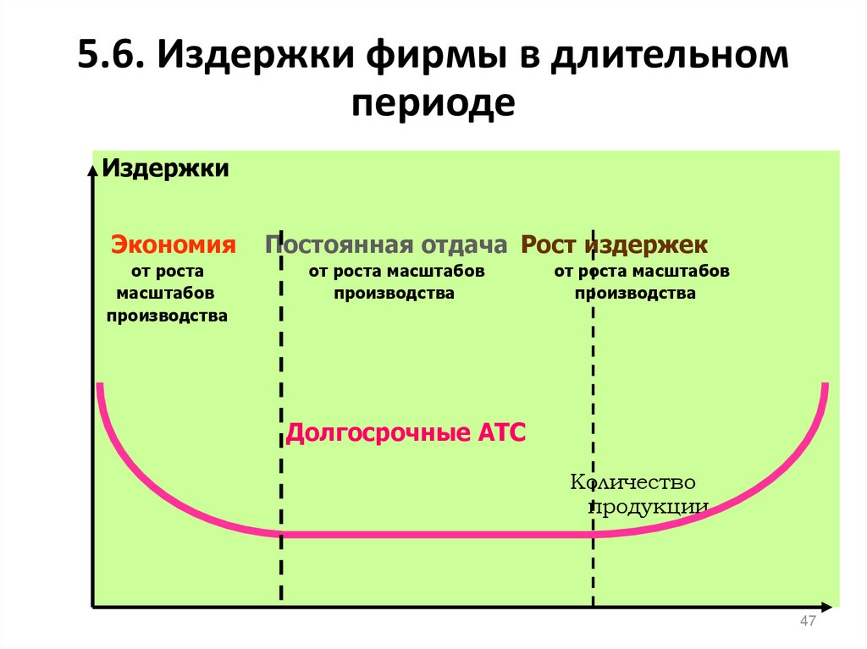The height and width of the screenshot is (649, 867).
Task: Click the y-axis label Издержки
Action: [x=166, y=168]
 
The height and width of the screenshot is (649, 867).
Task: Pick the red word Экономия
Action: [x=173, y=245]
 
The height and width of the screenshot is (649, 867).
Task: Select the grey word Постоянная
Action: [x=337, y=245]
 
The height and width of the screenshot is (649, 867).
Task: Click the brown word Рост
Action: [x=550, y=245]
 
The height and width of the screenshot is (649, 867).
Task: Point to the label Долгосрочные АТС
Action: [x=406, y=433]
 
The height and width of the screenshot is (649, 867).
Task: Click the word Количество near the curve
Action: [x=632, y=482]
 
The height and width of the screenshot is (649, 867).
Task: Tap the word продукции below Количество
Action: [x=649, y=506]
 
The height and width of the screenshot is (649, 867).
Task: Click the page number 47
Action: [x=807, y=623]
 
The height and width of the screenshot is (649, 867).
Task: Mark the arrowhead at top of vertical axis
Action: [x=91, y=167]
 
